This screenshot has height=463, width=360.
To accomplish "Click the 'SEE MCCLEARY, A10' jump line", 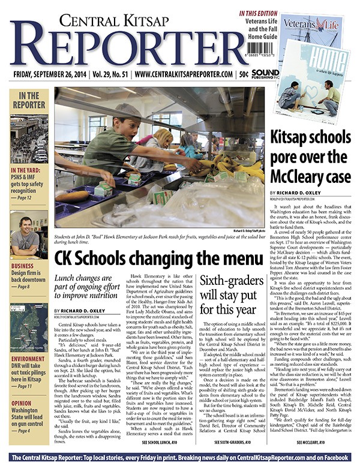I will click(x=310, y=442).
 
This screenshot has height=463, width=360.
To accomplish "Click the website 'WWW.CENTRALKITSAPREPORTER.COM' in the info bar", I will click(x=184, y=73).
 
